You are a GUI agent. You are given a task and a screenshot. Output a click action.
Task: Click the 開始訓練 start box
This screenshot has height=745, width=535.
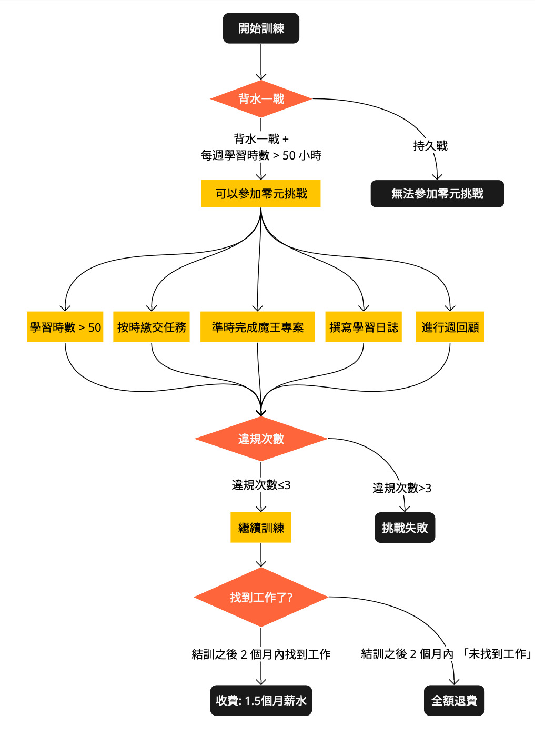click(261, 28)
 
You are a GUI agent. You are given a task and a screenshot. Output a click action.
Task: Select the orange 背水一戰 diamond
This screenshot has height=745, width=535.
click(261, 99)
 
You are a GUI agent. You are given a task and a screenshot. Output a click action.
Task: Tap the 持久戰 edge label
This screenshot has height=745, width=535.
click(430, 146)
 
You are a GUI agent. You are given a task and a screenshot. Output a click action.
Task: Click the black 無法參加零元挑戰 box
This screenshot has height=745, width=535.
click(437, 194)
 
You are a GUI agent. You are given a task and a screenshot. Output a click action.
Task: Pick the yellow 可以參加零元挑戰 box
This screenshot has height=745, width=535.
click(261, 194)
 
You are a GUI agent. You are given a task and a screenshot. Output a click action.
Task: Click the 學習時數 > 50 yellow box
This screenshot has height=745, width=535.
click(65, 327)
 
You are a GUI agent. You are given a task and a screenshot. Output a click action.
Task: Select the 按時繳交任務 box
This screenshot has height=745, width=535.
click(152, 327)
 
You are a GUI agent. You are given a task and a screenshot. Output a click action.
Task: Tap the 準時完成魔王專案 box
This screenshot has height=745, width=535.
click(258, 327)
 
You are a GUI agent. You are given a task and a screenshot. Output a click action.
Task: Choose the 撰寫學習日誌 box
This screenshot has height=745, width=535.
click(364, 327)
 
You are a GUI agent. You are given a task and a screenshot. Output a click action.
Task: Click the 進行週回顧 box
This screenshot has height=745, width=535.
click(450, 327)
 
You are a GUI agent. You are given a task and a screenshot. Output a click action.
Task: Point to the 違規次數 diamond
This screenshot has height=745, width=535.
click(261, 439)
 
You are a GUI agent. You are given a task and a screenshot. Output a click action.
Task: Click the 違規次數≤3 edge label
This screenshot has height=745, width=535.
click(261, 485)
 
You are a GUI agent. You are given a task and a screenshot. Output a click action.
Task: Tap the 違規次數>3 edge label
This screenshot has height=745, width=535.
click(402, 488)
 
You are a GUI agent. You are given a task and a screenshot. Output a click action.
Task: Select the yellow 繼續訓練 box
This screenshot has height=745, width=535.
click(261, 528)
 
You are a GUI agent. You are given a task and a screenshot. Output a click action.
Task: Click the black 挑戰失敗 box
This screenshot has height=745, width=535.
click(405, 528)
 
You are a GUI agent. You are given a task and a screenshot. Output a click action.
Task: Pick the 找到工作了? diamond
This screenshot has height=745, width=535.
click(261, 597)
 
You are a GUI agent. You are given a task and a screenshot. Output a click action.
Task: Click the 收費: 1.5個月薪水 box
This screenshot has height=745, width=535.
click(261, 700)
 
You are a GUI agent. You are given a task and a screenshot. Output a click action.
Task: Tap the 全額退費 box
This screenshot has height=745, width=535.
click(454, 700)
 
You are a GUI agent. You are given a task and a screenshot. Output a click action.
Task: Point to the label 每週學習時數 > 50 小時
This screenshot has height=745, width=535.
click(261, 155)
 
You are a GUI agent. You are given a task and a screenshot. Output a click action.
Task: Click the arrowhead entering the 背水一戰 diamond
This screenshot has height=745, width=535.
click(261, 76)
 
